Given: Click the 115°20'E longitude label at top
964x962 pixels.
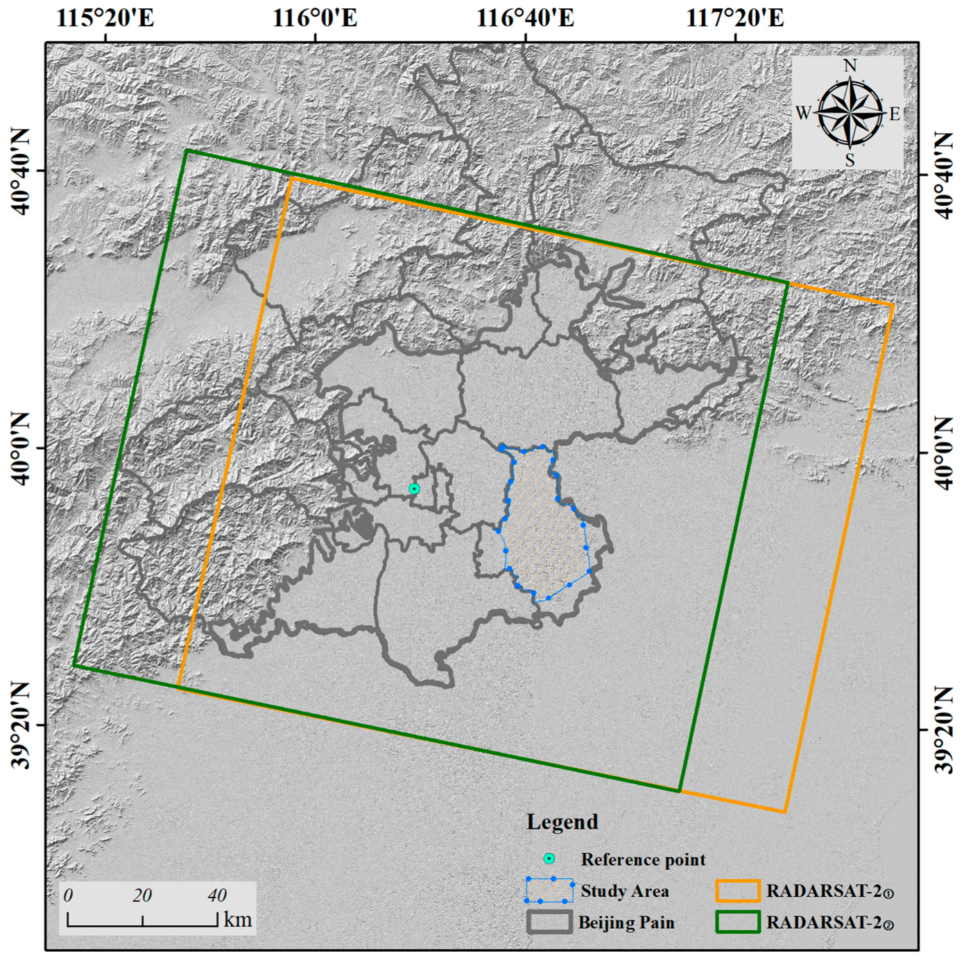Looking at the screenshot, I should pos(105,18).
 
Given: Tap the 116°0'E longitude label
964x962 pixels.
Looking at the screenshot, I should pos(315,18).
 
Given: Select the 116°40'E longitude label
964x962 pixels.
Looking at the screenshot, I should pos(525,18).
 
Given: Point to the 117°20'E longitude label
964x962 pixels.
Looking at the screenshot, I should pos(735,18).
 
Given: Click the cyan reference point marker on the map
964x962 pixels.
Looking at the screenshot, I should pos(414,489).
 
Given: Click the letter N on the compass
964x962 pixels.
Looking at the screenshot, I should pos(850,66).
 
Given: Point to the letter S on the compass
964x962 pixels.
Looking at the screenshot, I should pos(850,161).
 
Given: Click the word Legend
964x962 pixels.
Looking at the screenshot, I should pos(562,822).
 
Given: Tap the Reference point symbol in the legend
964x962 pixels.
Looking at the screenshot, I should pos(549,859).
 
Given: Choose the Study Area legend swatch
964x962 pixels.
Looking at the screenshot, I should pos(549,891).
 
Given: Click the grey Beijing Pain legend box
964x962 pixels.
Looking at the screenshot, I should pos(549,922).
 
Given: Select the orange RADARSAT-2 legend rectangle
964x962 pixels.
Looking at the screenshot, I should pos(738,891).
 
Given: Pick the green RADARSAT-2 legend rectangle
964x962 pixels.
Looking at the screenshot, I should pos(738,922).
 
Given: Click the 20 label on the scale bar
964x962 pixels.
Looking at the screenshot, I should pos(142,895).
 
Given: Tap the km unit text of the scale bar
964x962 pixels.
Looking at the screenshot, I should pos(238,920).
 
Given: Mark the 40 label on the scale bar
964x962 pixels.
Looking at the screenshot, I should pos(217,895).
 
